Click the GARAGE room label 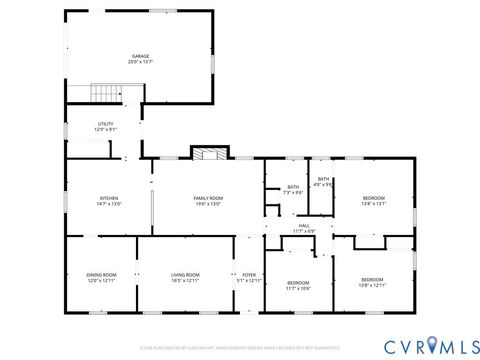[139, 56]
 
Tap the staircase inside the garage [106, 94]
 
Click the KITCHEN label [109, 198]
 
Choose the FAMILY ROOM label [208, 198]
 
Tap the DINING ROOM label [101, 275]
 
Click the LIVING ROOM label [186, 275]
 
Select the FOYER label [248, 275]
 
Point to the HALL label [305, 226]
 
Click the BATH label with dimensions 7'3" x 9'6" [293, 187]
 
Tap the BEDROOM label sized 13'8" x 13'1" [372, 198]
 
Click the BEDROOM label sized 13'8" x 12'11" [372, 279]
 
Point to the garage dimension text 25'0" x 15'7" [139, 62]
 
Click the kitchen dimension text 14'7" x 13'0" [109, 204]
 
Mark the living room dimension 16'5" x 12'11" [186, 281]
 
